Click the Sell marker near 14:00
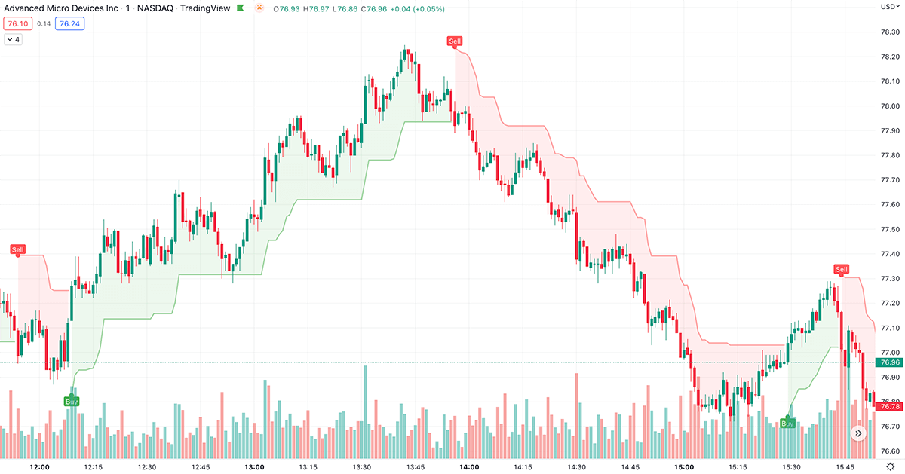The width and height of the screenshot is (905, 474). tap(454, 41)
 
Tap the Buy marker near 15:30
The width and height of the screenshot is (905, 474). tap(787, 424)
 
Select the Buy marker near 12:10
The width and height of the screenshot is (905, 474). tap(72, 401)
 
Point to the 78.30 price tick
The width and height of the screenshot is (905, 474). tap(890, 32)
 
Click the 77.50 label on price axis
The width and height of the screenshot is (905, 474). tap(890, 229)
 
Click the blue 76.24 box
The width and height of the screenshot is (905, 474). tap(69, 23)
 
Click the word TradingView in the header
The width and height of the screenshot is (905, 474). tap(205, 9)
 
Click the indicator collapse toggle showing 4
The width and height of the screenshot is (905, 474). tap(14, 39)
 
